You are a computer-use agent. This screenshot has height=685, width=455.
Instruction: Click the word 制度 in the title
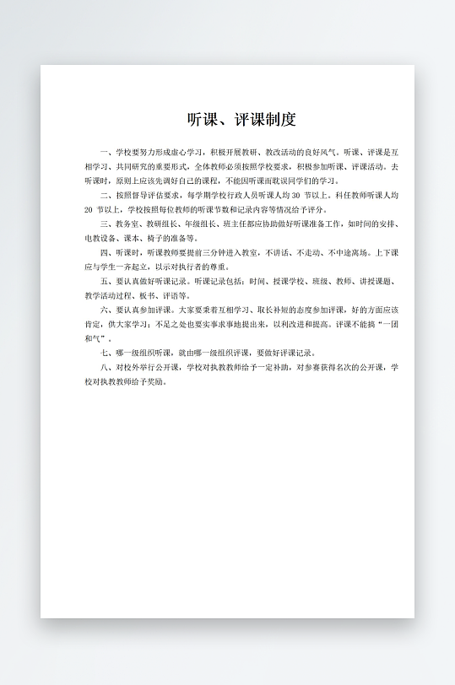[283, 119]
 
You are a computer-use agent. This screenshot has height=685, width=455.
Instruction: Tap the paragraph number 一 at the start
[104, 153]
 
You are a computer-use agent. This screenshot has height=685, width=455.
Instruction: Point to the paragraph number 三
[104, 224]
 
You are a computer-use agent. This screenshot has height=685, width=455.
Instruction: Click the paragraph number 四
[104, 252]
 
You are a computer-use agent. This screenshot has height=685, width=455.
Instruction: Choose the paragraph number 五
[104, 282]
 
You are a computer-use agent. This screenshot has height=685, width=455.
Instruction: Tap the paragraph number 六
[104, 310]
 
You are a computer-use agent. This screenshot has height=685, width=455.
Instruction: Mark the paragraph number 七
[104, 353]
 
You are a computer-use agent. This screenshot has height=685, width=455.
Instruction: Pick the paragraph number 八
[104, 368]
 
